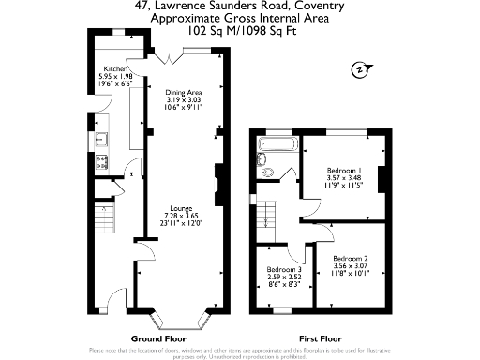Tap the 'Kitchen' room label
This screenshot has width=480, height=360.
point(115,68)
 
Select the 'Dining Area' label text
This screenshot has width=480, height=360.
point(184,92)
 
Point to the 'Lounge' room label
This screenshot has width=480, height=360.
point(182,207)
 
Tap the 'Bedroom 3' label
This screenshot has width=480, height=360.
point(284,270)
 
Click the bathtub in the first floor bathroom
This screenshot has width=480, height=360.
point(278,147)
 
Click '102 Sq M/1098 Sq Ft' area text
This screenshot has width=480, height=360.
point(239,30)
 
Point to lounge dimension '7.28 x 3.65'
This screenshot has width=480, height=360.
point(182,216)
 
